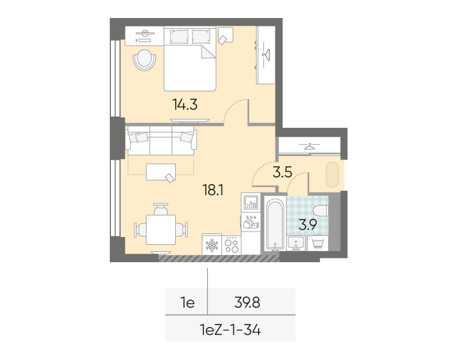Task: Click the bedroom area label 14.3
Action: point(185,104)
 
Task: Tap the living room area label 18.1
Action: point(212,190)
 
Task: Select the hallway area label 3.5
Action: point(283,172)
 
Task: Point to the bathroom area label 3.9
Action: point(308,224)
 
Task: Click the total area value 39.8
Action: point(247,302)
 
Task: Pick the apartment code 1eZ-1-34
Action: point(230,330)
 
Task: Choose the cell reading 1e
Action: point(188,303)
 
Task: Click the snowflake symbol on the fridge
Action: point(212,245)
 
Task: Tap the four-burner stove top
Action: point(232,245)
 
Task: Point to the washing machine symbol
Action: point(318,243)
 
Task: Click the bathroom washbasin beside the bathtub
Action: point(296,243)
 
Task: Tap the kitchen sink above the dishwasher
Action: point(251,202)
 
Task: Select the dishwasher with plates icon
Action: point(251,221)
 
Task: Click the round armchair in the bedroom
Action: point(144,60)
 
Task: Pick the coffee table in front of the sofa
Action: point(161,172)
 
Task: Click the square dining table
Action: point(161,230)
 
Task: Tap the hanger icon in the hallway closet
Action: point(310,146)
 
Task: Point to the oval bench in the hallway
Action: point(332,175)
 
